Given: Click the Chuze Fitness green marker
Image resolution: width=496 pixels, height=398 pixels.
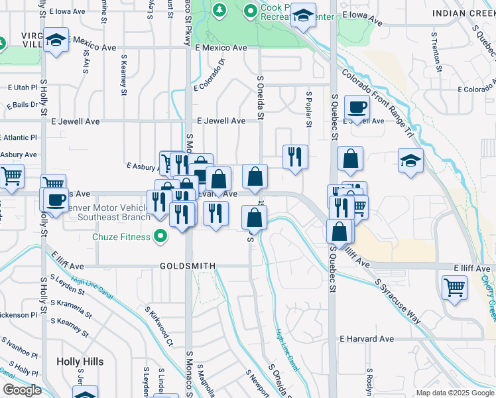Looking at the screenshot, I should (x=160, y=235).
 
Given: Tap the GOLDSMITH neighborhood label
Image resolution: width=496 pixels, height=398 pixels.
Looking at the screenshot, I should (x=188, y=266).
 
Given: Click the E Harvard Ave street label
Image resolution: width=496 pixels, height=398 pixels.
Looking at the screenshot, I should (x=367, y=339).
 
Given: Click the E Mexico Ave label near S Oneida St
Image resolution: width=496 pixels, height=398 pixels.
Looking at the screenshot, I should (x=221, y=48).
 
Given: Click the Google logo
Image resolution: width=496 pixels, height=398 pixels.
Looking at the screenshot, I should (x=22, y=390).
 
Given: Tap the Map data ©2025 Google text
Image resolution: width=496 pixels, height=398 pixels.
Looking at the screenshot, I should (x=454, y=393).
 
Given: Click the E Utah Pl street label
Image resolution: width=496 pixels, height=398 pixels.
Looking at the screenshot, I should (x=23, y=88).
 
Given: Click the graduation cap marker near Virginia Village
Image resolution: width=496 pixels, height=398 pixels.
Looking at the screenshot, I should (x=57, y=39).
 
